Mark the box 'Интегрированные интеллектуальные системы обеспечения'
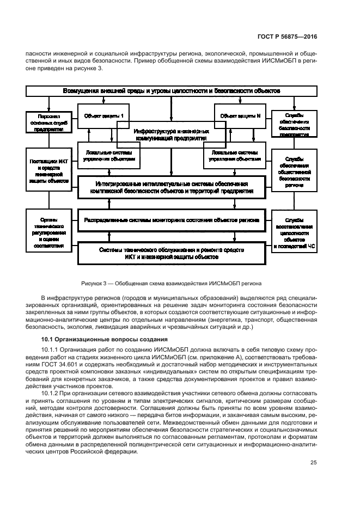tap(172, 188)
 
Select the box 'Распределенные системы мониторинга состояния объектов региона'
tap(172, 220)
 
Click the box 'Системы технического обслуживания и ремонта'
tap(172, 253)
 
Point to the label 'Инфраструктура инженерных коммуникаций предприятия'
tap(171, 134)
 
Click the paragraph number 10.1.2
tap(51, 393)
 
